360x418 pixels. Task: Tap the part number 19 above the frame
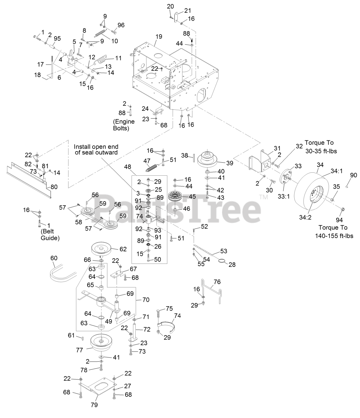[x=159, y=37]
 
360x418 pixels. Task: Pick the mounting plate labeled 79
[x=97, y=387]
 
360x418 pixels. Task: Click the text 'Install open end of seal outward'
[x=96, y=150]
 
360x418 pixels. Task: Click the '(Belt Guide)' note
[x=50, y=234]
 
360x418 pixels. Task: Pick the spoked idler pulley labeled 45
[x=175, y=197]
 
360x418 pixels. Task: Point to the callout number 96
[x=121, y=25]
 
